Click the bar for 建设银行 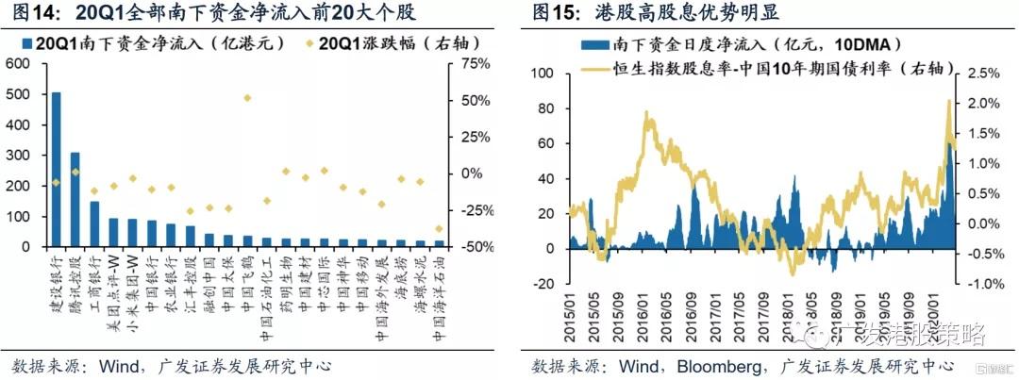click(x=57, y=170)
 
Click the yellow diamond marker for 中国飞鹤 click(x=247, y=98)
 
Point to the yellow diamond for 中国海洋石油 click(x=439, y=228)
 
